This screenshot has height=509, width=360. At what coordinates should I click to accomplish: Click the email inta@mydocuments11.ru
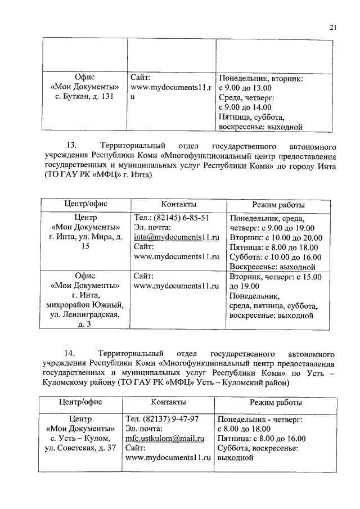pyautogui.click(x=176, y=237)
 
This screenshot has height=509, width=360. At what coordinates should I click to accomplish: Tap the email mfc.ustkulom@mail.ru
pyautogui.click(x=166, y=439)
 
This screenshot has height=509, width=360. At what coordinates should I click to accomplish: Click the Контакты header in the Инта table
pyautogui.click(x=178, y=203)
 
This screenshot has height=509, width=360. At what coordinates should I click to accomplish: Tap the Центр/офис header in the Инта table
pyautogui.click(x=85, y=203)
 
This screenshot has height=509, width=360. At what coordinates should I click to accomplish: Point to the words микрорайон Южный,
pyautogui.click(x=85, y=305)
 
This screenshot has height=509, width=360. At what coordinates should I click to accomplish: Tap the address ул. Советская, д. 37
pyautogui.click(x=83, y=448)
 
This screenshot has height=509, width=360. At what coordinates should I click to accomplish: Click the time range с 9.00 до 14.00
pyautogui.click(x=245, y=106)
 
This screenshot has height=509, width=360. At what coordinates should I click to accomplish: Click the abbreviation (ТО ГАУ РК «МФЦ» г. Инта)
pyautogui.click(x=97, y=176)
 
